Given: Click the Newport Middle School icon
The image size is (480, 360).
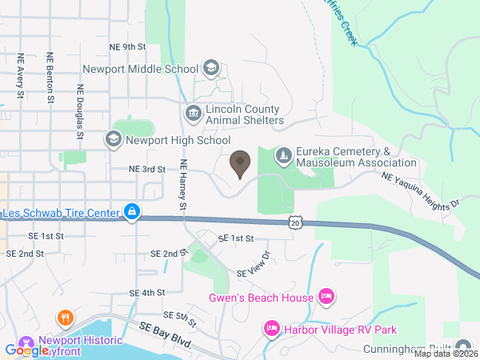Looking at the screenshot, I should pos(210,68).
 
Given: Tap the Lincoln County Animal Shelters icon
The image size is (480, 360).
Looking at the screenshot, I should pos(193,114).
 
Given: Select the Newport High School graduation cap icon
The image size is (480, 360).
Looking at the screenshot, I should pos(113,140).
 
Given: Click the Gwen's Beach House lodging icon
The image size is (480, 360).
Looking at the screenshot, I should pos(326,298).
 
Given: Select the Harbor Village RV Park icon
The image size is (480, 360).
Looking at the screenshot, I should pos(271,329).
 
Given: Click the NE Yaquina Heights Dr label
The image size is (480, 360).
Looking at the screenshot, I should pos(421,190).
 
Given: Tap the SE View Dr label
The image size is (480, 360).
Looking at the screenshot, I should pos(254,266).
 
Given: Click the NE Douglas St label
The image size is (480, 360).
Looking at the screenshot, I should pos(81,113).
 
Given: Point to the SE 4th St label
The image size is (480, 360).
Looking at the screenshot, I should pos(147,293).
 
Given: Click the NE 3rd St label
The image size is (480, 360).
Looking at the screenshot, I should pos(146,170).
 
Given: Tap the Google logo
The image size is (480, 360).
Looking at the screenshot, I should pos(26,350).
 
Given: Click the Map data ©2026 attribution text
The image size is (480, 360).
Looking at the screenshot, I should pos(442,354).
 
